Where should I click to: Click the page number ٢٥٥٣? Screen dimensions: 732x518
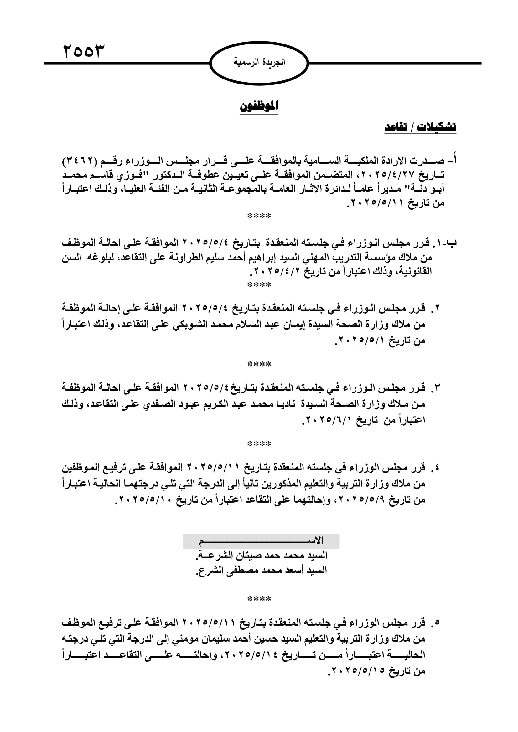(84, 51)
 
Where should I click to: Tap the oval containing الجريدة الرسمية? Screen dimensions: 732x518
(259, 63)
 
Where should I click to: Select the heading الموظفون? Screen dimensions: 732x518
(259, 106)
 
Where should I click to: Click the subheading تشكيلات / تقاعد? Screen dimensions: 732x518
(420, 127)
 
